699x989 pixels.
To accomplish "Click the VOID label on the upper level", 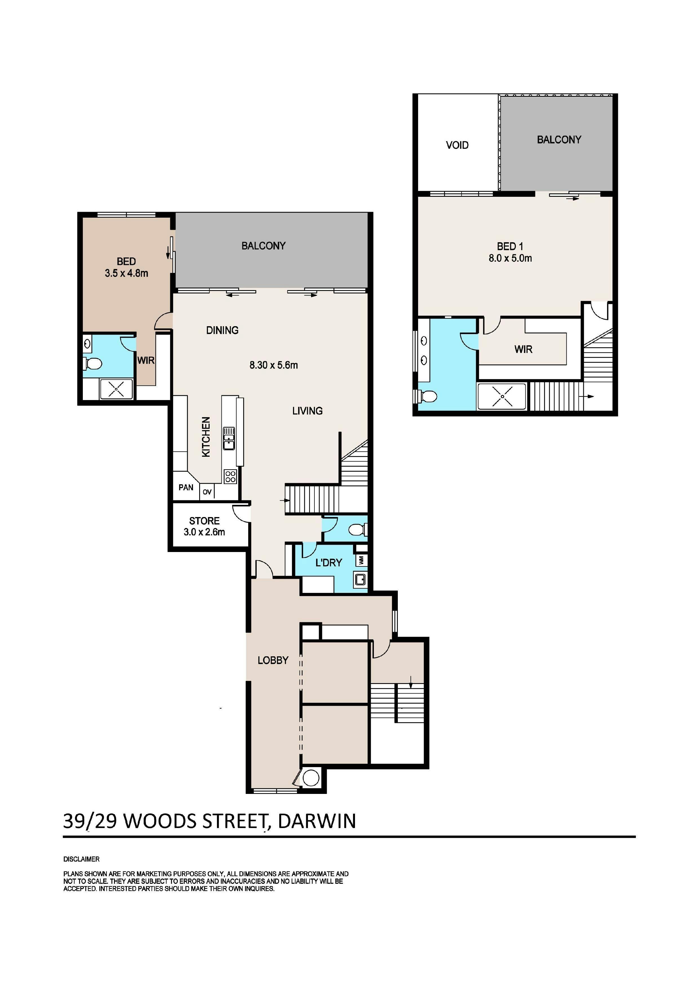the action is click(457, 145).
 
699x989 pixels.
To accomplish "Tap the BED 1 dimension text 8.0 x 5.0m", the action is click(510, 259).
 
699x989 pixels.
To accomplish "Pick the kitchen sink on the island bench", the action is click(228, 438).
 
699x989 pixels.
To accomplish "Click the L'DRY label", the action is click(329, 562).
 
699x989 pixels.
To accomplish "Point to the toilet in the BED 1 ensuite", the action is click(427, 396).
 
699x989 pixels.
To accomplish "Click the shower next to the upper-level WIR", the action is click(502, 396).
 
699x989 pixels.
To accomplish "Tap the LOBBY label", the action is click(273, 660).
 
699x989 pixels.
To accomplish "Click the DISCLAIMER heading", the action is click(81, 859).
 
